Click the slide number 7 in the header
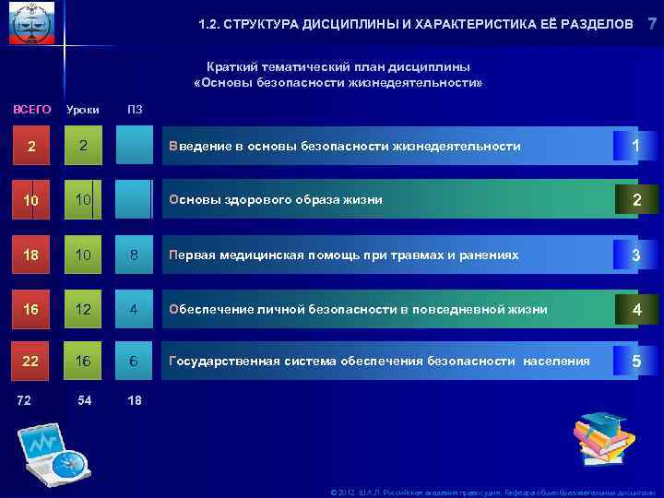(652, 23)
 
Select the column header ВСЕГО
(31, 110)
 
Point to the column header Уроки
(83, 111)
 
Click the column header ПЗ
(135, 111)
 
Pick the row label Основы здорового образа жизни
(274, 199)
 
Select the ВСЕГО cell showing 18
(31, 255)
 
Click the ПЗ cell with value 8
(135, 255)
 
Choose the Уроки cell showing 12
(83, 309)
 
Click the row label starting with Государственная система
(378, 362)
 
